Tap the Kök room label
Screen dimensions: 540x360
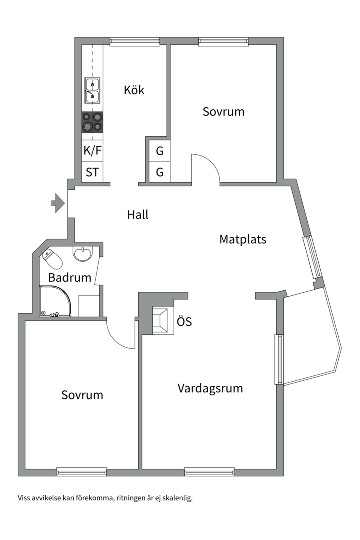pos(134,90)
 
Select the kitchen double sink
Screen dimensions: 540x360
pos(92,90)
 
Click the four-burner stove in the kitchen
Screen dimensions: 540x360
pos(92,122)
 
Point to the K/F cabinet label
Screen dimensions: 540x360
pos(92,150)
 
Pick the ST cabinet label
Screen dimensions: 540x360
pos(92,173)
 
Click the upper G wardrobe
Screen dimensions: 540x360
pos(160,150)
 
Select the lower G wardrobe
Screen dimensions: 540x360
pos(160,173)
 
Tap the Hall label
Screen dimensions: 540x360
pos(138,215)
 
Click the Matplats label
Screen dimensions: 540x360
pos(243,239)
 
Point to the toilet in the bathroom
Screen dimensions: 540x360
pos(53,258)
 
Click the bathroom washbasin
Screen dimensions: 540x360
pos(83,253)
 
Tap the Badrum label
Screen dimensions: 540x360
pos(70,278)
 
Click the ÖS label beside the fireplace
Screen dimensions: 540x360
pos(184,322)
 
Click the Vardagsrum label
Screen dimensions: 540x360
pos(210,388)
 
